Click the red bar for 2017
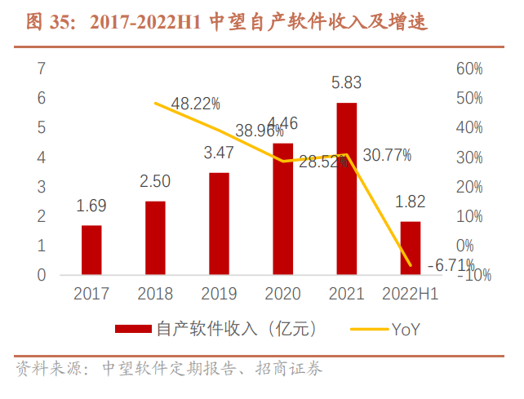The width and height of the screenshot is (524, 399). (91, 250)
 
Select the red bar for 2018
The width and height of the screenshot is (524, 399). (155, 237)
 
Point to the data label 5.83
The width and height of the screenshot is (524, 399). (346, 82)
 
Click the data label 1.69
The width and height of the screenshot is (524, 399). (91, 206)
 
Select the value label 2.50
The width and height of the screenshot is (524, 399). (155, 181)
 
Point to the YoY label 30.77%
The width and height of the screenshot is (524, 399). (386, 154)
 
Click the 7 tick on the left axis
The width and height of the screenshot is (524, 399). (41, 69)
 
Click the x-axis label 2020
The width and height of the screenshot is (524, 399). (282, 294)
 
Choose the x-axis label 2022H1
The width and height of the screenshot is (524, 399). (410, 294)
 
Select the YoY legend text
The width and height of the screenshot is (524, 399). (406, 329)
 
